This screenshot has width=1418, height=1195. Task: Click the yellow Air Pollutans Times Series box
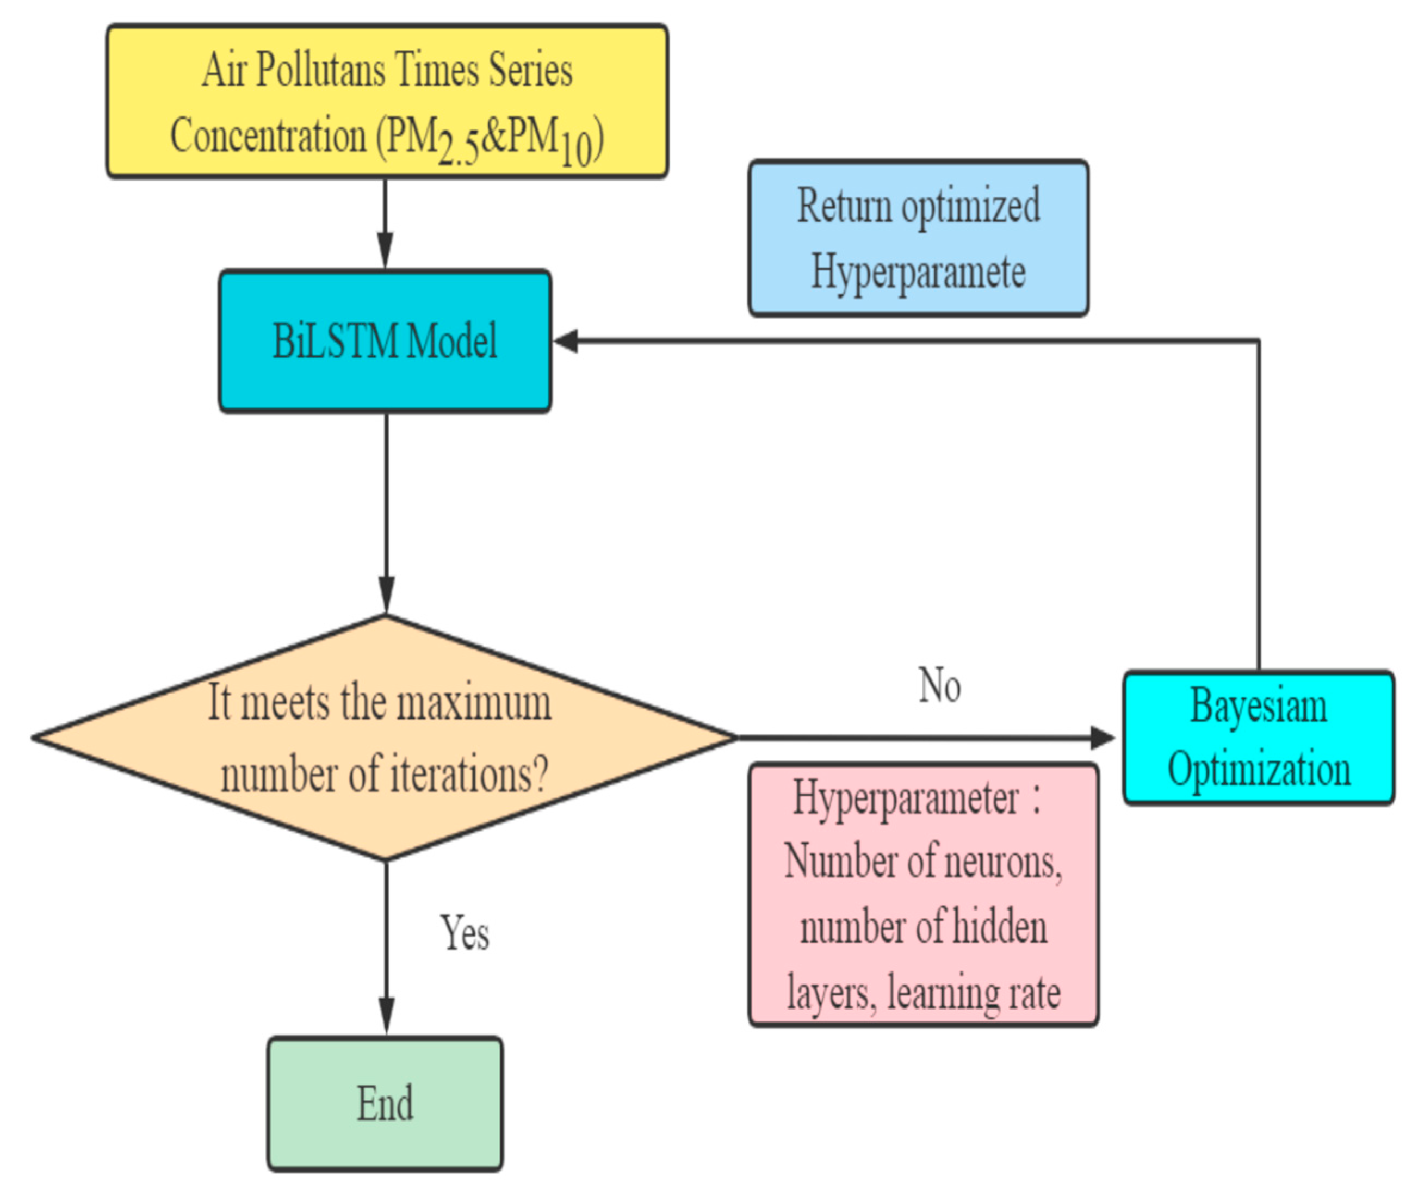pos(387,102)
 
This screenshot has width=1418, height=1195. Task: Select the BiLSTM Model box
pos(385,340)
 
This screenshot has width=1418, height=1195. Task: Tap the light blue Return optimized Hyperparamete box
pos(918,238)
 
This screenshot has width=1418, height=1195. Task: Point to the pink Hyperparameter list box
pos(922,895)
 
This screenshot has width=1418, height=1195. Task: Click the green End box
pos(385,1104)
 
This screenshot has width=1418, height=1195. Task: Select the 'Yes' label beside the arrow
pos(465,933)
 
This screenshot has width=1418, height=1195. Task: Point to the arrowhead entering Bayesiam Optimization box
pos(1103,737)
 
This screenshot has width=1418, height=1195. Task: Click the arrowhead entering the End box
pos(386,1016)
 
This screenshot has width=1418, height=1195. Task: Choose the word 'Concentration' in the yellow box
pos(268,135)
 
